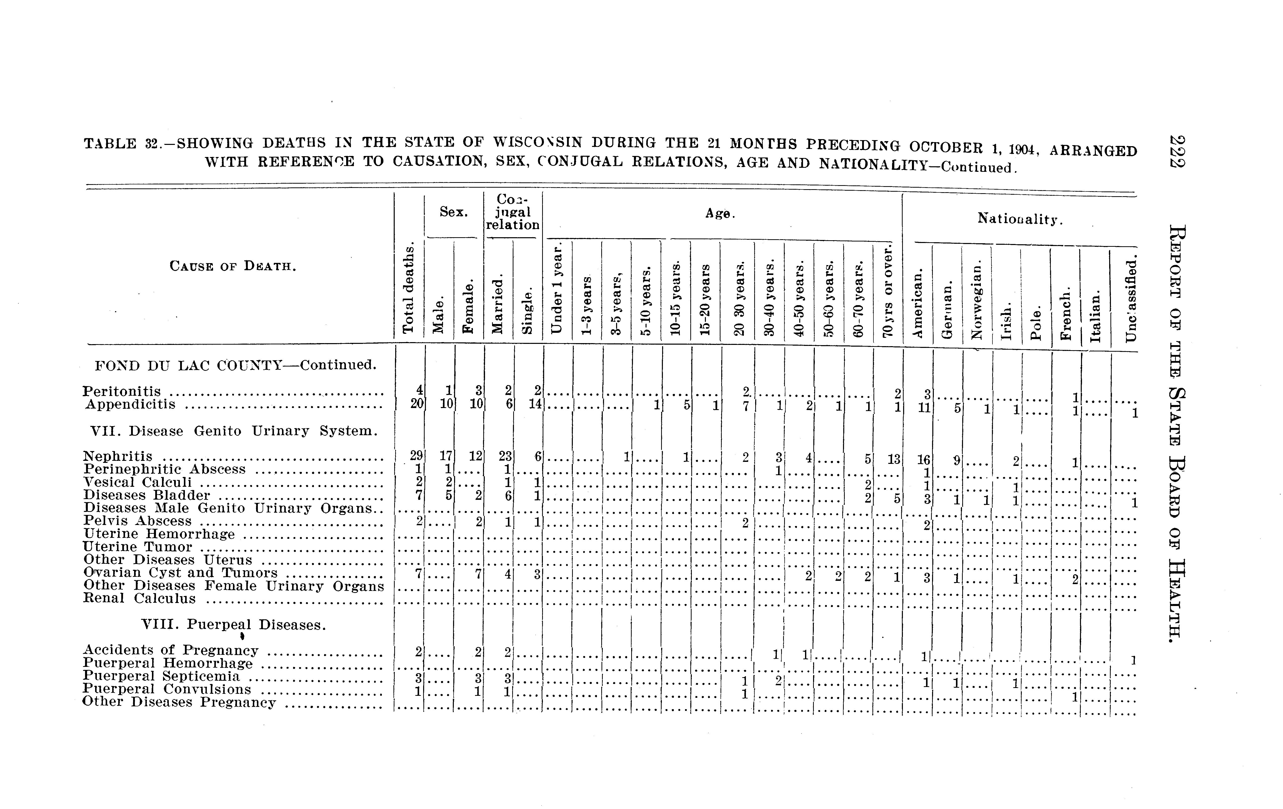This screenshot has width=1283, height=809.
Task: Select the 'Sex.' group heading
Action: pos(453,212)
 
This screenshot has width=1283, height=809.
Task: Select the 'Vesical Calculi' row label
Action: pos(137,482)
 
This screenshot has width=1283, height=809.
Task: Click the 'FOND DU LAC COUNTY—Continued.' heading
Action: pos(235,366)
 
